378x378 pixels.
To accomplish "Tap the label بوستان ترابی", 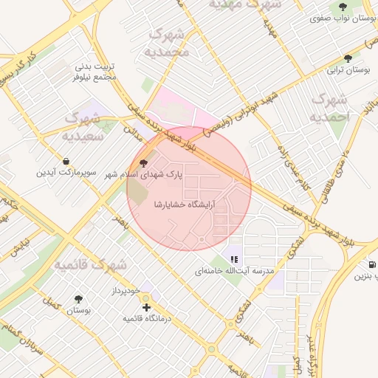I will pyautogui.click(x=350, y=70).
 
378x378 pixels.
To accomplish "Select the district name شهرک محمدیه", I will pyautogui.click(x=168, y=43).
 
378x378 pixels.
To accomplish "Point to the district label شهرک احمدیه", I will pyautogui.click(x=329, y=108).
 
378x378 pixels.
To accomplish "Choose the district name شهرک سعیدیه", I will pyautogui.click(x=82, y=126).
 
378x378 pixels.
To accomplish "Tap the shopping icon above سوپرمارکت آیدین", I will pyautogui.click(x=67, y=160).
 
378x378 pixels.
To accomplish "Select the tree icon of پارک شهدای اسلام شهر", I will pyautogui.click(x=143, y=162).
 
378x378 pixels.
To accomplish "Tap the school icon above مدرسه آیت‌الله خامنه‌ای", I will pyautogui.click(x=234, y=259).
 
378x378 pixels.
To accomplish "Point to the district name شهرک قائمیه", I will pyautogui.click(x=91, y=263).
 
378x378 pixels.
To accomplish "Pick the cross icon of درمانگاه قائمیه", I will pyautogui.click(x=146, y=306).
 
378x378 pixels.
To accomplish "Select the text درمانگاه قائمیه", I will pyautogui.click(x=147, y=318).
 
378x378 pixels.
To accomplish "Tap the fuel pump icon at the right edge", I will pyautogui.click(x=371, y=264).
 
